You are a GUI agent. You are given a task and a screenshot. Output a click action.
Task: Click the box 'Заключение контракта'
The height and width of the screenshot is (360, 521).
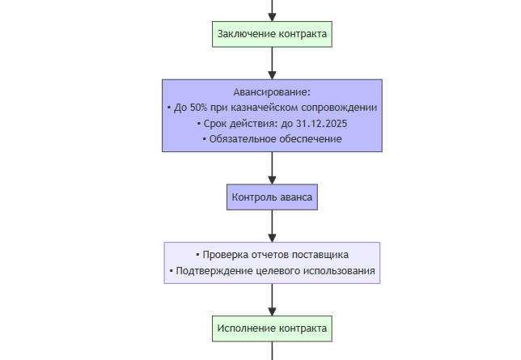click(x=272, y=34)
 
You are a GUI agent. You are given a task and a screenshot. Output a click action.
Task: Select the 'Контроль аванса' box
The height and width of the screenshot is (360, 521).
click(x=272, y=197)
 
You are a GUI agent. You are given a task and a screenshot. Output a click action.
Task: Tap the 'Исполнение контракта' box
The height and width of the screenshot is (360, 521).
click(x=272, y=328)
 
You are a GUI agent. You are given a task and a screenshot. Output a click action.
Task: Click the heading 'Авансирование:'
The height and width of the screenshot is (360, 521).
click(x=272, y=92)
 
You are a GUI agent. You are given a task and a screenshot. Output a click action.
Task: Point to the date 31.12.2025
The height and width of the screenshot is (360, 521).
click(x=321, y=124)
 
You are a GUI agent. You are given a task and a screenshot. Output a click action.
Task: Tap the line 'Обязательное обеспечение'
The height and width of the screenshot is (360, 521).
click(x=275, y=139)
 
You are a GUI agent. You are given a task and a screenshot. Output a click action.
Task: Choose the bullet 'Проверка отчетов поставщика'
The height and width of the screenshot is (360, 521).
click(x=275, y=255)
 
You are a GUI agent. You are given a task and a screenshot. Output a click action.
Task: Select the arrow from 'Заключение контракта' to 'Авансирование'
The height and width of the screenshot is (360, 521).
click(x=272, y=63)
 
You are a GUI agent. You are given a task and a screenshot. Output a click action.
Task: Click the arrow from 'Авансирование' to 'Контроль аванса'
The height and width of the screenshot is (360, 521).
click(x=272, y=168)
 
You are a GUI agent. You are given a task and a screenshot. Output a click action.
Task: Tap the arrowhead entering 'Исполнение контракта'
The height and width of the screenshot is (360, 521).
click(x=272, y=312)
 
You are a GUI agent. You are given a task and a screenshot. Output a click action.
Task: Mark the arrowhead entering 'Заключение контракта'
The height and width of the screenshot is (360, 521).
click(x=272, y=18)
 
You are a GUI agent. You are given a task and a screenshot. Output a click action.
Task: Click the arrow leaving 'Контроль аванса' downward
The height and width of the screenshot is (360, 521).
click(x=272, y=226)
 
